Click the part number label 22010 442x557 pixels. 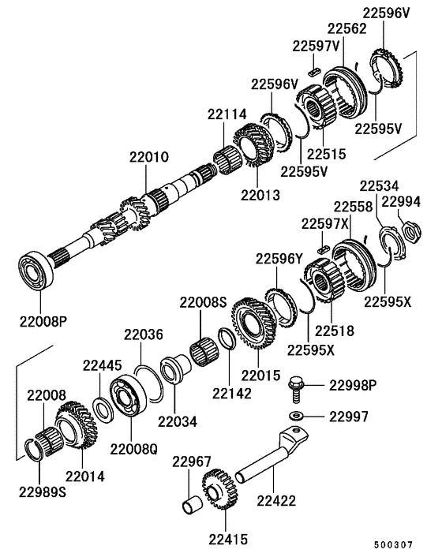(x=149, y=158)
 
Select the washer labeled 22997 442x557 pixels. (x=297, y=415)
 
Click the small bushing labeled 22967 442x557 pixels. (x=191, y=503)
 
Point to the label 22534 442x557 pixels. (x=380, y=186)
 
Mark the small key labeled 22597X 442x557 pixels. (x=321, y=248)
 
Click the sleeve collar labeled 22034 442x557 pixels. (x=172, y=370)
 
